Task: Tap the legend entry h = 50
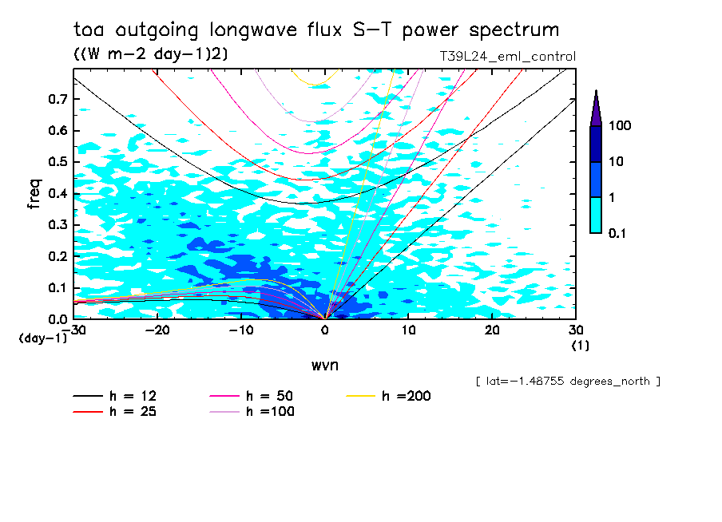point(264,396)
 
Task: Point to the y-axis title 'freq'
point(34,194)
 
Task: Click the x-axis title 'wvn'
point(324,365)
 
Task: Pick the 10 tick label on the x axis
point(409,330)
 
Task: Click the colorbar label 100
point(620,126)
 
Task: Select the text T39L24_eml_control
point(507,57)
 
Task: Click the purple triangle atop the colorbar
point(596,109)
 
